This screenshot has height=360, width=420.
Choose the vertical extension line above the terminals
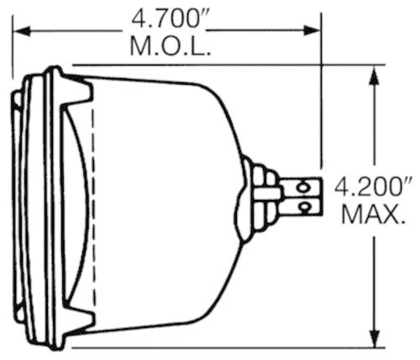[320, 101]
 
